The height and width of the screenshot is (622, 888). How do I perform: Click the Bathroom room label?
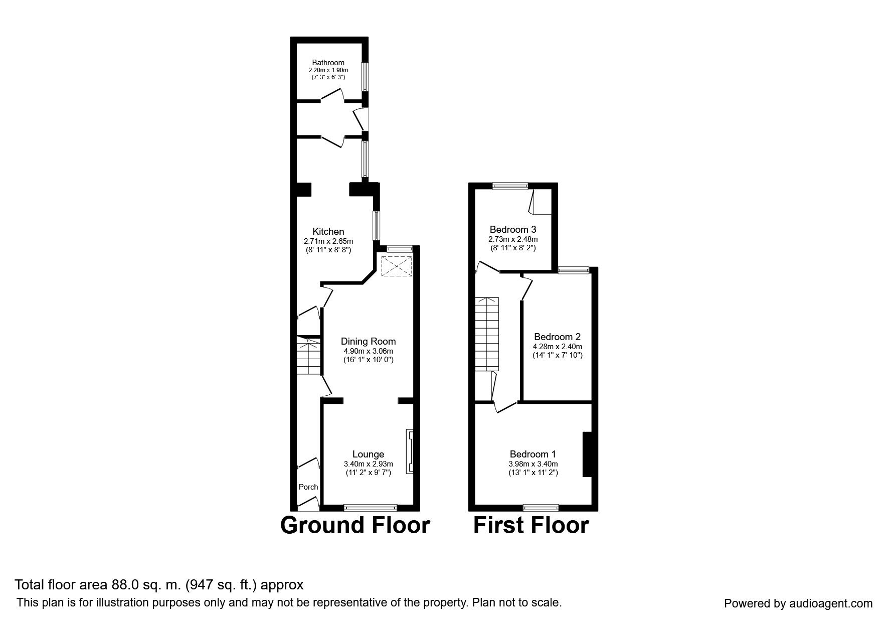(328, 63)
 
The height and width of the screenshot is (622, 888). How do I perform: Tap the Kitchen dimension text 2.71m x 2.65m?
(328, 241)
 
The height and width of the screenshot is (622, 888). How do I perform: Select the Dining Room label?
(369, 341)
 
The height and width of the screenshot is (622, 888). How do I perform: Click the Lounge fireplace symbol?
(410, 451)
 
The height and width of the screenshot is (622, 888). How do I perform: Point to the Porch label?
(308, 487)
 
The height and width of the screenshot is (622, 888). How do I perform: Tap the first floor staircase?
(487, 334)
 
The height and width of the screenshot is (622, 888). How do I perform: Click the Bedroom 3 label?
(512, 230)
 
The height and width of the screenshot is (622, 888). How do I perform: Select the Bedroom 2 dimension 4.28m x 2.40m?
(557, 346)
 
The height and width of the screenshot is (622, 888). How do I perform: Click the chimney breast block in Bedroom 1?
(586, 454)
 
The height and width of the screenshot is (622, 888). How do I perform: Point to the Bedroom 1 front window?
(541, 507)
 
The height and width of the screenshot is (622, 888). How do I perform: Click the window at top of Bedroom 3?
(510, 186)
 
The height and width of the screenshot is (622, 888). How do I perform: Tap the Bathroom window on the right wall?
(366, 76)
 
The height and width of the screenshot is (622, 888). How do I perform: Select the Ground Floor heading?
(354, 525)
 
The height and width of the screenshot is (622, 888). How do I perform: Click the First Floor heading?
(530, 525)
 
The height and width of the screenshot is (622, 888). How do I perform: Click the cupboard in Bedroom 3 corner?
(541, 202)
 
